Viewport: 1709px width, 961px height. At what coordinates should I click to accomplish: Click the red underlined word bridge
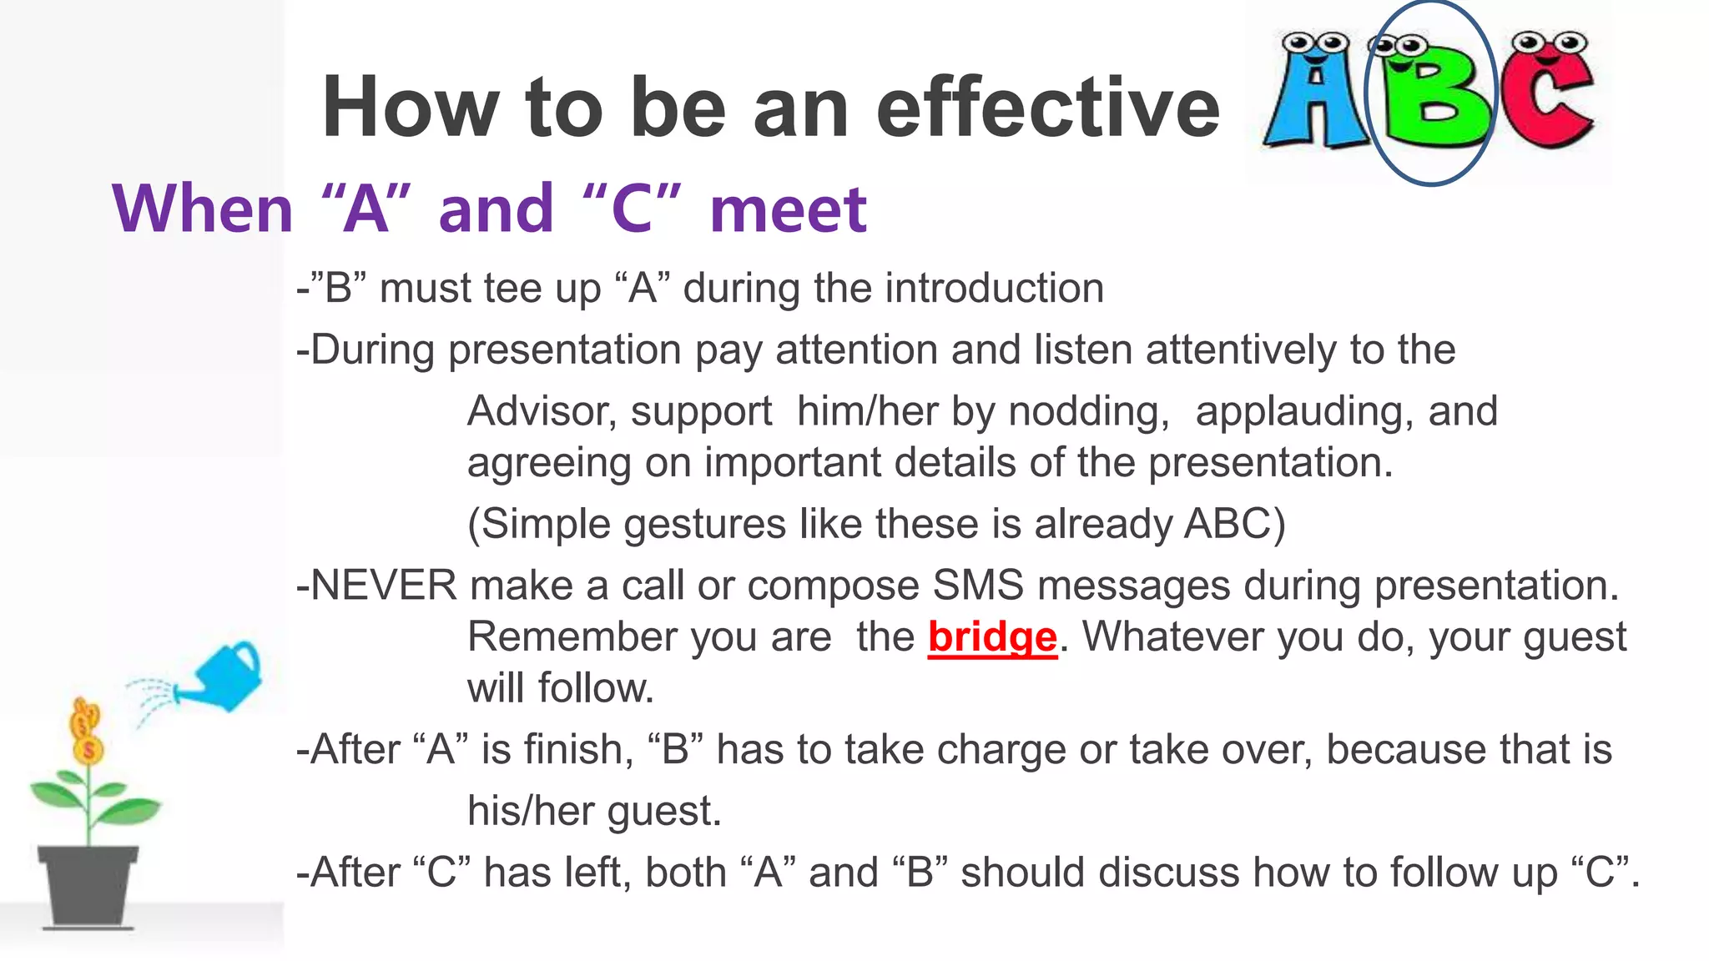992,637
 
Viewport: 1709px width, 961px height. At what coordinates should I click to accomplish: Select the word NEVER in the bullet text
383,586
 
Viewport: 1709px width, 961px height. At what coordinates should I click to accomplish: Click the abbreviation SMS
977,586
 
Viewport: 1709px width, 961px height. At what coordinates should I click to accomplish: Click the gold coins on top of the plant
86,731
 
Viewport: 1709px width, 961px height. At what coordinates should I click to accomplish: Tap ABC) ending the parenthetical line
1235,525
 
